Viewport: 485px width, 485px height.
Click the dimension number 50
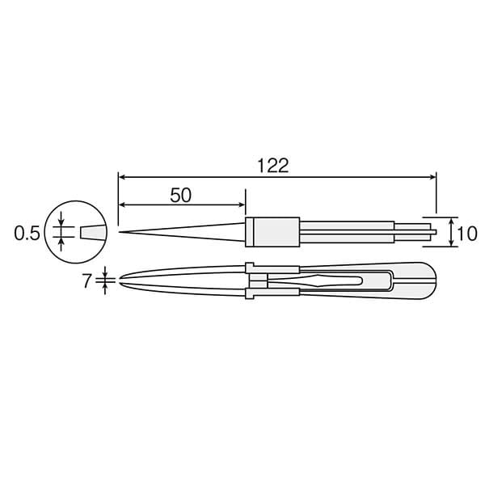coord(181,195)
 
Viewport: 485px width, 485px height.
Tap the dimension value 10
coord(466,234)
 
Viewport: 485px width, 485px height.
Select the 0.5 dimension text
coord(27,234)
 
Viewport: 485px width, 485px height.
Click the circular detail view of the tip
coord(78,233)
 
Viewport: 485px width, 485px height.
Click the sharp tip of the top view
coord(120,233)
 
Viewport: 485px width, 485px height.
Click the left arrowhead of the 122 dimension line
coord(121,175)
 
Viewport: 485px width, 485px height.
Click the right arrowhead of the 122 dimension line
coord(433,175)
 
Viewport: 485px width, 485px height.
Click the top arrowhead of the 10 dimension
coord(451,220)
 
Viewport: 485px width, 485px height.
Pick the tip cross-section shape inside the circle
coord(92,233)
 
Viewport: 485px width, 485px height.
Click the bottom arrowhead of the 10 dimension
coord(451,246)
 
